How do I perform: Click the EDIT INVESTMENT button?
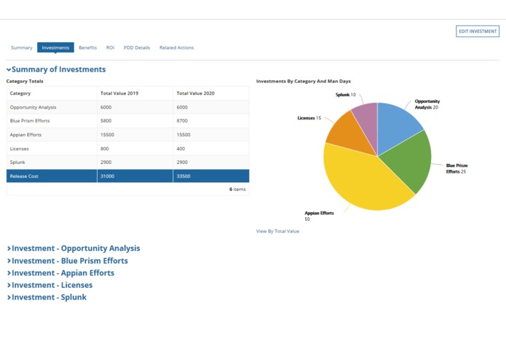(x=478, y=31)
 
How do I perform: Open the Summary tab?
(x=21, y=48)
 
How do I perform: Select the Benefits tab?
(x=87, y=48)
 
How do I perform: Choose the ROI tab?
(x=110, y=48)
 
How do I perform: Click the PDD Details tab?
(x=137, y=48)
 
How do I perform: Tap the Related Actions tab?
(x=176, y=48)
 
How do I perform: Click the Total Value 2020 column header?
(x=195, y=93)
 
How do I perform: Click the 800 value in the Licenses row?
(x=106, y=148)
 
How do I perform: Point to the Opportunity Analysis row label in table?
(x=33, y=107)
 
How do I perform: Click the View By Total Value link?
(x=277, y=231)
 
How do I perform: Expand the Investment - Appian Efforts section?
(x=63, y=273)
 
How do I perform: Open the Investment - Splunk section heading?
(x=49, y=297)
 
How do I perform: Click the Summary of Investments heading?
(x=58, y=70)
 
